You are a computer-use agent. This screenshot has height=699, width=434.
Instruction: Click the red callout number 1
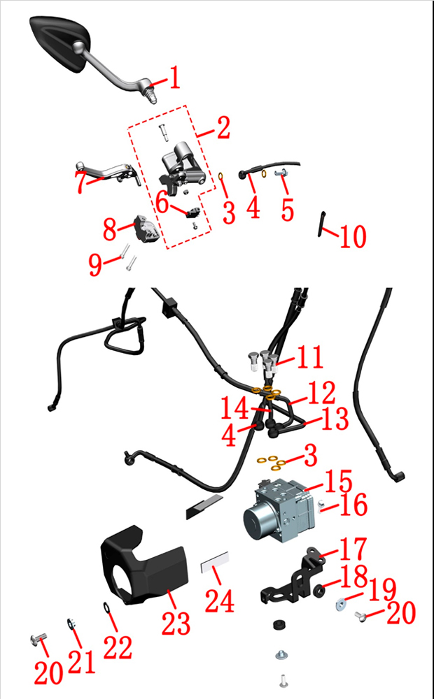(174, 78)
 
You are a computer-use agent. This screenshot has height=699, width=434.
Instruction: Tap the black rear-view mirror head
(59, 43)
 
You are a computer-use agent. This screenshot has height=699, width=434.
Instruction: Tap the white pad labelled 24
(215, 562)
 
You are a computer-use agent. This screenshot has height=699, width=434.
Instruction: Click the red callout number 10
(353, 237)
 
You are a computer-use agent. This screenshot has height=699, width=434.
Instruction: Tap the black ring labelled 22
(106, 607)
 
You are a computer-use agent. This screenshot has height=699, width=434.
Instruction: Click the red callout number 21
(82, 661)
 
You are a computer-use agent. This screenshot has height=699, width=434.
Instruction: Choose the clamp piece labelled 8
(146, 229)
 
